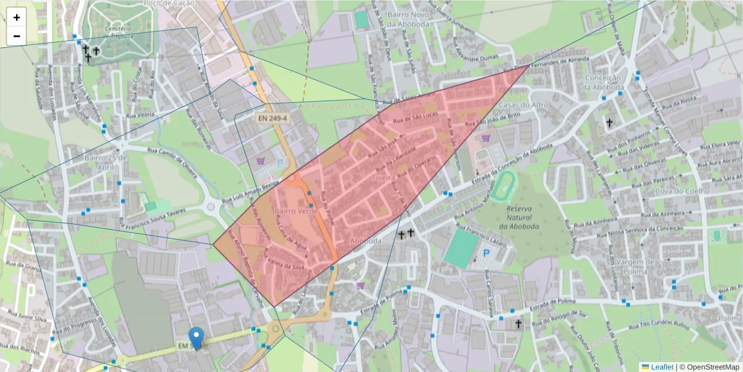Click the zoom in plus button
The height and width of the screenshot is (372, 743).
(x=17, y=17)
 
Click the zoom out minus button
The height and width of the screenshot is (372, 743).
(x=17, y=36)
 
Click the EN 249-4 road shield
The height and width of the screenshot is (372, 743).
(x=271, y=117)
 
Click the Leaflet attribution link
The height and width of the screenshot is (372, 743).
(x=658, y=367)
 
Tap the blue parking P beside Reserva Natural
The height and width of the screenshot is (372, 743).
(x=486, y=253)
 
